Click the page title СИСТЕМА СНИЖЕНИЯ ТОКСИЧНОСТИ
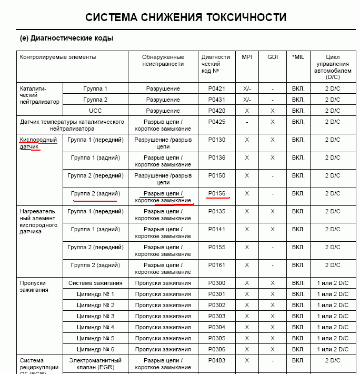tap(186, 18)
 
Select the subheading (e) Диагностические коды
tap(66, 38)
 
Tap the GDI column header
tap(272, 57)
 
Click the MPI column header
tap(247, 57)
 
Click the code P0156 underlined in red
tap(216, 194)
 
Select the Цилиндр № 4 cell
tap(95, 327)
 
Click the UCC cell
tap(95, 111)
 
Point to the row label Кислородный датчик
tap(38, 143)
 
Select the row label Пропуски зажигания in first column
tap(34, 286)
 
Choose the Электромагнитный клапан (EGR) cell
tap(95, 363)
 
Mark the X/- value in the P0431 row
tap(247, 100)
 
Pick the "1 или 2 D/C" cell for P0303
tap(332, 316)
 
